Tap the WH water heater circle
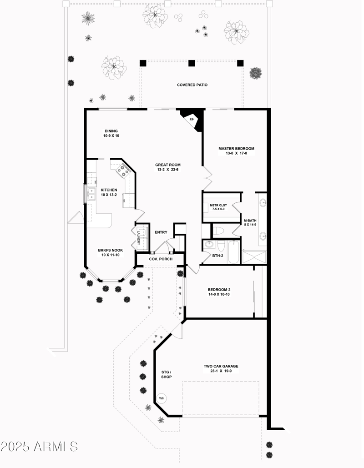(x=162, y=399)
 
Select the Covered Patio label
(x=192, y=85)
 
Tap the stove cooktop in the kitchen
(x=123, y=171)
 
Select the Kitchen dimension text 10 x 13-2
(x=109, y=195)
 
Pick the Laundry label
(x=138, y=238)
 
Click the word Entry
(x=161, y=232)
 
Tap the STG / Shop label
(x=167, y=374)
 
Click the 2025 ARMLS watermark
(x=39, y=446)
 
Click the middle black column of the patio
(x=192, y=63)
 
